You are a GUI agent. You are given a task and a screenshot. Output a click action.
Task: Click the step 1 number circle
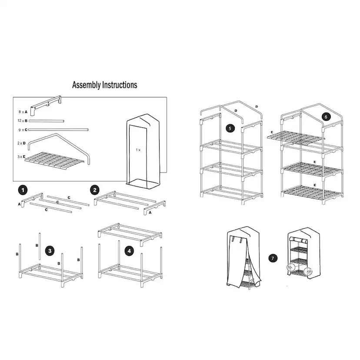point(23,190)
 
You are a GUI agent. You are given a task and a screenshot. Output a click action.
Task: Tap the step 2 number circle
point(95,190)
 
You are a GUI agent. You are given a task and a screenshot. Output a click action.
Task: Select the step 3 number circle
point(50,251)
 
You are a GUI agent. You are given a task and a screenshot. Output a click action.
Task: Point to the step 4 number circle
point(129,251)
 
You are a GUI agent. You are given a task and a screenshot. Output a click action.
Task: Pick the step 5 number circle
point(230,128)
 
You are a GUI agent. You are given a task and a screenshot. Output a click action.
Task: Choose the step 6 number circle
point(326,117)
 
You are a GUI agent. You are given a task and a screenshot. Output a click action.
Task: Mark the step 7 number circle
point(273,258)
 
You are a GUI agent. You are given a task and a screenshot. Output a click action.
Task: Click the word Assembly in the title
point(87,85)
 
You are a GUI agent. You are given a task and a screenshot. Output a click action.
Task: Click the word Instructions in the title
point(120,85)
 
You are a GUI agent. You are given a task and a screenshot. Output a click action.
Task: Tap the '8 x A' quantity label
point(23,112)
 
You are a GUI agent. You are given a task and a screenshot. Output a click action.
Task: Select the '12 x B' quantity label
point(23,121)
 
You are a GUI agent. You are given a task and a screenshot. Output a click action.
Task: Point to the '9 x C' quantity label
point(23,130)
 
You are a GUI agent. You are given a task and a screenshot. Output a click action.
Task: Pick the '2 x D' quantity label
point(21,143)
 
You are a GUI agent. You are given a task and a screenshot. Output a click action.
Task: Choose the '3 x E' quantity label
point(21,157)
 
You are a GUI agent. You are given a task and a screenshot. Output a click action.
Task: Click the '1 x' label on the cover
point(138,150)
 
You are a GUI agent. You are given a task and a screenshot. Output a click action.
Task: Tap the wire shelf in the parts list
point(55,160)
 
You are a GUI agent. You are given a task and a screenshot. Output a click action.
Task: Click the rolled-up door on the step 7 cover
point(298,240)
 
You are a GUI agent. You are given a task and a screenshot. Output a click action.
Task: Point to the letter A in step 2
point(150,213)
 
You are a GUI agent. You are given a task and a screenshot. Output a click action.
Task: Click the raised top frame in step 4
point(130,234)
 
